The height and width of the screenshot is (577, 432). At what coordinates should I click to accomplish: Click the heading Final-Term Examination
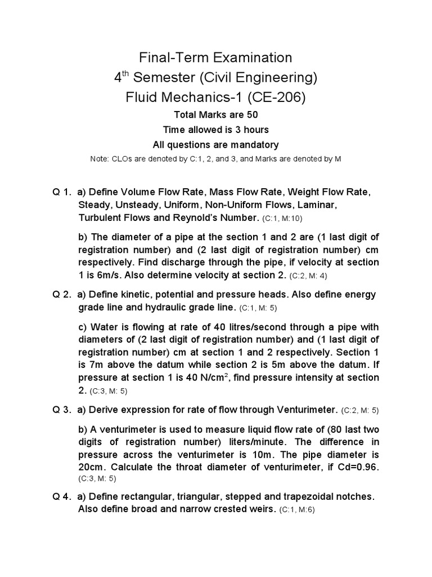tap(216, 57)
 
